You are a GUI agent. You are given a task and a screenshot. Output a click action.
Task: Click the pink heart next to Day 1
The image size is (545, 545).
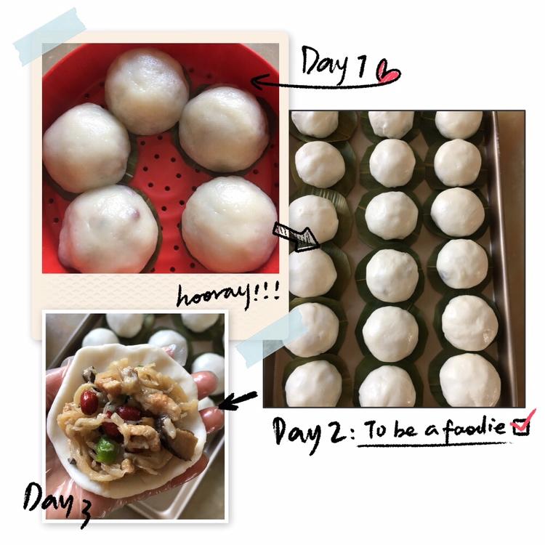[388, 72]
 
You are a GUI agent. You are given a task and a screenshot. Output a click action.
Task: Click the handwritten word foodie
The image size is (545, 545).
[474, 428]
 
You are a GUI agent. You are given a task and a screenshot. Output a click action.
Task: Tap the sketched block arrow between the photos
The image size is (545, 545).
[296, 236]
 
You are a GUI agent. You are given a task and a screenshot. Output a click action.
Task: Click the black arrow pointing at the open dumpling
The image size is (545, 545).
[238, 399]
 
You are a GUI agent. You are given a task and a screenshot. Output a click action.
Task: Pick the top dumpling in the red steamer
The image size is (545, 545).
[147, 91]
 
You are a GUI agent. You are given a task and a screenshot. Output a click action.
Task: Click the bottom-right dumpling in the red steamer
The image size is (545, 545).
[230, 225]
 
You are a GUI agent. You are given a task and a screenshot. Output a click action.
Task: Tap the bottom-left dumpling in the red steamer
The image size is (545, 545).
[108, 229]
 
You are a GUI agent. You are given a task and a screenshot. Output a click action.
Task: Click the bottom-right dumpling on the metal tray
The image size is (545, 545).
[470, 381]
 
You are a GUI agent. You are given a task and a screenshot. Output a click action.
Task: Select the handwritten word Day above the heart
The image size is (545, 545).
[324, 63]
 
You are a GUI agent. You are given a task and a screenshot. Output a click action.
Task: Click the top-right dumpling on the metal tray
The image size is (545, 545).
[459, 124]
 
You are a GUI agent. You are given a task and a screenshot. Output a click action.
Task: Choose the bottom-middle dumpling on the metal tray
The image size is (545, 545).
[387, 387]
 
